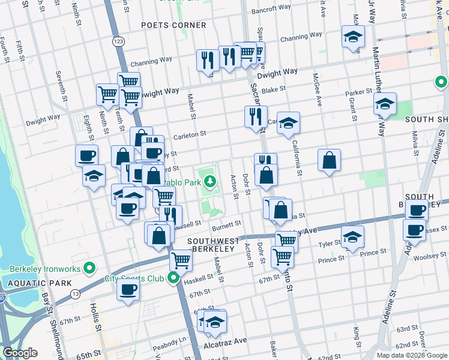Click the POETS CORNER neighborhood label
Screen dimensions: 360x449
click(x=173, y=25)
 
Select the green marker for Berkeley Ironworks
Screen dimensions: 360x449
click(x=89, y=268)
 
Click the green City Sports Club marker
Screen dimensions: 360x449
click(x=173, y=278)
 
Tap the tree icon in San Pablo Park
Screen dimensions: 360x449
click(x=209, y=181)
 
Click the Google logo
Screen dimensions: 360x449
click(x=20, y=353)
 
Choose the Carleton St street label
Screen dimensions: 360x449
click(x=190, y=135)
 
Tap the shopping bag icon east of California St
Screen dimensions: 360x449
click(x=330, y=160)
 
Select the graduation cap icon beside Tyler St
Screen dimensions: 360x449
click(x=352, y=237)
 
